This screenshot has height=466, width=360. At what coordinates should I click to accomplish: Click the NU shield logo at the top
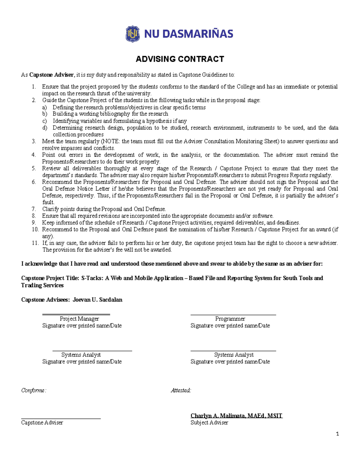click(132, 34)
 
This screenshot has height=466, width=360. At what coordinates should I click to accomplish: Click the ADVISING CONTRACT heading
click(180, 59)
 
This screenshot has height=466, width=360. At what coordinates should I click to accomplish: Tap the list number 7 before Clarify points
click(34, 209)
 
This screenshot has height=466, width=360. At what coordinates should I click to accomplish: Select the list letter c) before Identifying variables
click(45, 121)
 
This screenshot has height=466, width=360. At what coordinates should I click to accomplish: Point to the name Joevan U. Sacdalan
click(97, 300)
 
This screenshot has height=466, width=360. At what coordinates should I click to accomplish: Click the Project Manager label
click(79, 319)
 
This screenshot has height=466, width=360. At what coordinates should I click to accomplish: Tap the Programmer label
click(230, 319)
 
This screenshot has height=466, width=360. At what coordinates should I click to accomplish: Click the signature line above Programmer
click(233, 315)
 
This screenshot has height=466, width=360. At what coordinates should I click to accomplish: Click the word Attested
click(181, 390)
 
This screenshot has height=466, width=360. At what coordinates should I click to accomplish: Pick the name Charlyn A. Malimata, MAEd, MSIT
click(236, 416)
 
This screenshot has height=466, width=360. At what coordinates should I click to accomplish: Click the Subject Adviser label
click(209, 422)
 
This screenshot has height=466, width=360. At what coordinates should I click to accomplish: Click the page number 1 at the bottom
click(337, 434)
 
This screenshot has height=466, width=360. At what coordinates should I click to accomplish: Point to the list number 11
click(35, 243)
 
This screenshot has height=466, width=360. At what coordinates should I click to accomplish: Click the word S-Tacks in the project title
click(92, 278)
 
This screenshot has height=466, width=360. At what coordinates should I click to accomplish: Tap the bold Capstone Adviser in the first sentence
click(51, 75)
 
